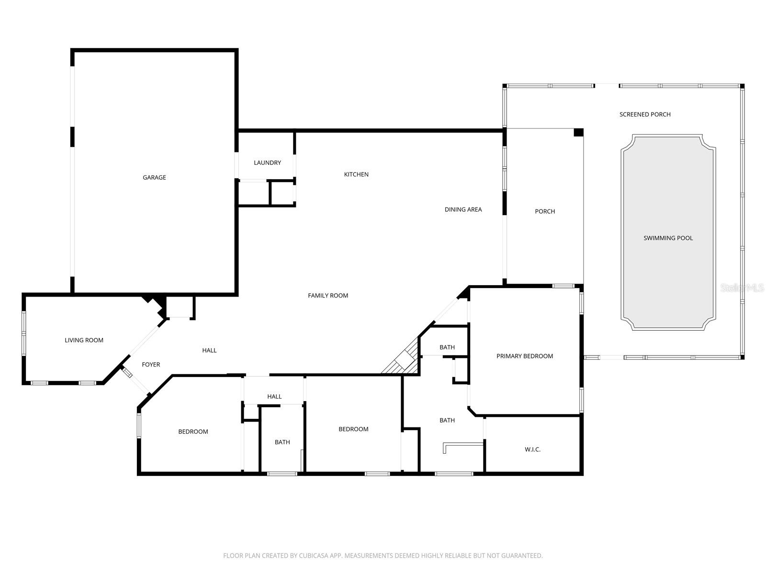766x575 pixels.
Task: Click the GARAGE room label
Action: [154, 177]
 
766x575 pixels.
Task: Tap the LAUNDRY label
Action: [267, 163]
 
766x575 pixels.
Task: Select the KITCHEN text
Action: [356, 174]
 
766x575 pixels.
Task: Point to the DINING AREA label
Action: [463, 209]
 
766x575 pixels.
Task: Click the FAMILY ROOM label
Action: [328, 296]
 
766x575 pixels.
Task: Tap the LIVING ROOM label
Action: [84, 340]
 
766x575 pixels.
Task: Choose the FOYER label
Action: [151, 365]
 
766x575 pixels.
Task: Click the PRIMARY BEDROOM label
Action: [525, 356]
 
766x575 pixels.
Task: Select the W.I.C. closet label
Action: [532, 449]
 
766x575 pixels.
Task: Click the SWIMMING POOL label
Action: [668, 238]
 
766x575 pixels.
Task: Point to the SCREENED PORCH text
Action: [645, 115]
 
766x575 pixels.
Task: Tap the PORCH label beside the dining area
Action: [545, 211]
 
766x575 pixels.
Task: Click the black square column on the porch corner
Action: [578, 133]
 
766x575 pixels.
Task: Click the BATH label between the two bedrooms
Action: [282, 442]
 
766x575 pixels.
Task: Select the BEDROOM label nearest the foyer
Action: [193, 432]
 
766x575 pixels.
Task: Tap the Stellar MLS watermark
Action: [742, 287]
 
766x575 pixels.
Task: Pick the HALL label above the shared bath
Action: [274, 397]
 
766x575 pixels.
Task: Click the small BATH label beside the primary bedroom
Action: [447, 347]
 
